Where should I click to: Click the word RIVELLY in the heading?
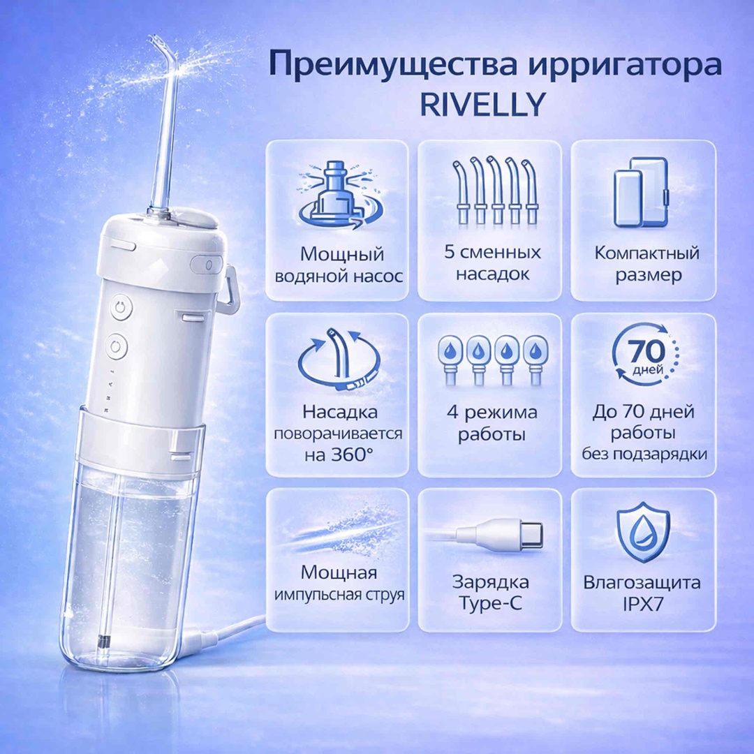click(x=483, y=104)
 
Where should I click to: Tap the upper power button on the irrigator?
click(x=121, y=307)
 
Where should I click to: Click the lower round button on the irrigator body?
click(x=117, y=347)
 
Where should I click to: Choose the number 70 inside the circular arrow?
click(x=646, y=351)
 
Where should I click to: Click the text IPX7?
click(x=643, y=605)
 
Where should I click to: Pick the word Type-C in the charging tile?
click(x=490, y=603)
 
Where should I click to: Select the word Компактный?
click(x=646, y=253)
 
